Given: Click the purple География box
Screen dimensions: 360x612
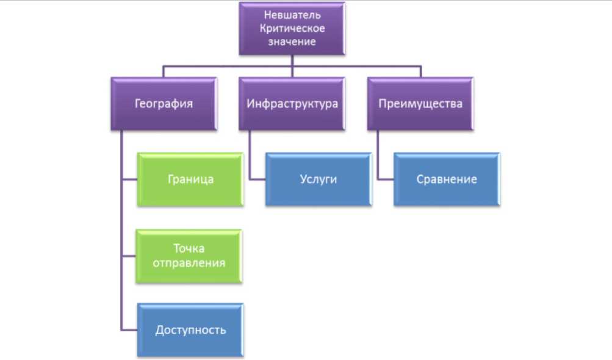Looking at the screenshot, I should point(164,104).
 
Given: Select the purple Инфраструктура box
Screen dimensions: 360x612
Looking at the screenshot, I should point(292,104).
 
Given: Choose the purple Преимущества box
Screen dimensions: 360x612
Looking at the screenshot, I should point(420,104).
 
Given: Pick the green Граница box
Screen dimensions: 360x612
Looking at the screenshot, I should point(190,179).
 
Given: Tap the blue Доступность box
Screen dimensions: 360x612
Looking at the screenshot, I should point(190,330).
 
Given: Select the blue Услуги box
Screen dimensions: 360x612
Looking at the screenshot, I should point(318,179).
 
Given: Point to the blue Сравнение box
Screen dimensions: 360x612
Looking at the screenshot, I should point(446,179).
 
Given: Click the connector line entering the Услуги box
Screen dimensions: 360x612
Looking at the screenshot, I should point(257,179).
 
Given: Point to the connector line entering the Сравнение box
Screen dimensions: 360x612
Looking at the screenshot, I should point(386,179).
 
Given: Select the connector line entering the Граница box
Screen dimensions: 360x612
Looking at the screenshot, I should point(129,179).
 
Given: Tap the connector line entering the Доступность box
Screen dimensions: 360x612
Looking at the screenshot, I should point(129,330).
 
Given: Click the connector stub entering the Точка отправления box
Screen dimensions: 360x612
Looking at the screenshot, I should point(129,256).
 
